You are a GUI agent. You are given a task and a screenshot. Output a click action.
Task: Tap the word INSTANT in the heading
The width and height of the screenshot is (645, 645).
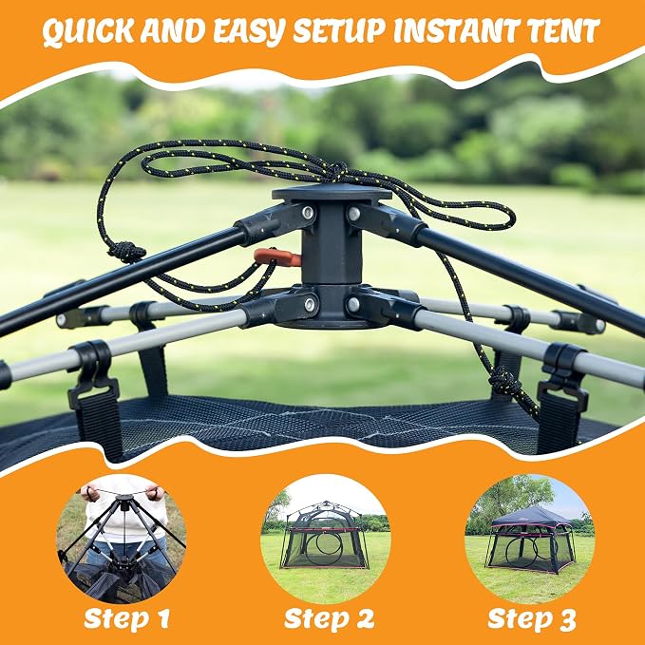coord(457,31)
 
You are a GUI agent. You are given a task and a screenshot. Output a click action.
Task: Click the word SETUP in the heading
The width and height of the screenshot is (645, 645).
coord(339,31)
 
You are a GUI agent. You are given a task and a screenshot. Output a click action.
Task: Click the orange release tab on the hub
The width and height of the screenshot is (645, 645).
coord(276,257)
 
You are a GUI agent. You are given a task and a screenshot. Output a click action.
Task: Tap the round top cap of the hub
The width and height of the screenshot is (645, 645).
coord(332,194)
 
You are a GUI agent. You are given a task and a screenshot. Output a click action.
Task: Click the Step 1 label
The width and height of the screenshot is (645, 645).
coord(126,618)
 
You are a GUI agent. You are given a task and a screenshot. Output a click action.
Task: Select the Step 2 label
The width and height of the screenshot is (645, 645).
coord(329,618)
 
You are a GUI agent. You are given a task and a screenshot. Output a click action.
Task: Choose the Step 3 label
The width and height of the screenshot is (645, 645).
coord(531,618)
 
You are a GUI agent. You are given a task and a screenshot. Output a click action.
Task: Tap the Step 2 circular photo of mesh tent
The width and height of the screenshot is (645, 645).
coord(326,539)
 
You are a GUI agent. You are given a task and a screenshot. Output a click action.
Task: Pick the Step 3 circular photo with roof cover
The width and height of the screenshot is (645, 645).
coord(530,539)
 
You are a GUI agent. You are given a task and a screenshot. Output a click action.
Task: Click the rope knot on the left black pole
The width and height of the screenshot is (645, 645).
coord(126,252)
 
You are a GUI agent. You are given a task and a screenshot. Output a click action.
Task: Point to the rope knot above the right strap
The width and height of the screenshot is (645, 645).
coord(504,382)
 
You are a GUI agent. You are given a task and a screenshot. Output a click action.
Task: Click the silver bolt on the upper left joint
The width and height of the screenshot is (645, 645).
coord(307,212)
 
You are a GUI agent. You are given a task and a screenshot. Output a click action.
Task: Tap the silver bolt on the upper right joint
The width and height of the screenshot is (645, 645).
coord(353,214)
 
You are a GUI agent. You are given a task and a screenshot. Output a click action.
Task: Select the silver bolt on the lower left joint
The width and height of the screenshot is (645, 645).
coord(310,305)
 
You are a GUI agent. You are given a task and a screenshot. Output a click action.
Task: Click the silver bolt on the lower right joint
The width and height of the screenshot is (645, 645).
coord(353,305)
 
